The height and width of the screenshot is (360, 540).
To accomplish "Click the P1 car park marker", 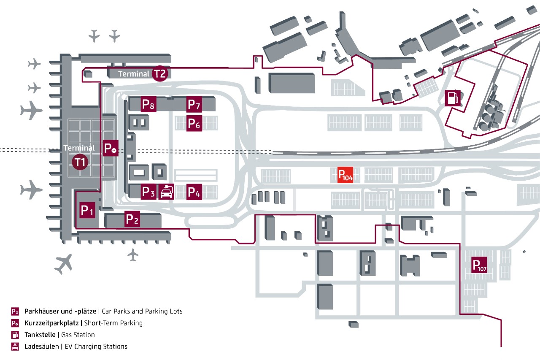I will [x=87, y=210].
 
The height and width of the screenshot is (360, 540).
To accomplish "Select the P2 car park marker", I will [x=132, y=219].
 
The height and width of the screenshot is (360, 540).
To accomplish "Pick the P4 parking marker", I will [x=194, y=192].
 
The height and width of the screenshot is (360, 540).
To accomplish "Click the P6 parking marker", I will [x=194, y=123].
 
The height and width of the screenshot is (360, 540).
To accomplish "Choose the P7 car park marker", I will [x=194, y=104].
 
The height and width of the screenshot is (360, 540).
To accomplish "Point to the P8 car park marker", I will [x=148, y=104].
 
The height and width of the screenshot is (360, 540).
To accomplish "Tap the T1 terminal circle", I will [x=80, y=162].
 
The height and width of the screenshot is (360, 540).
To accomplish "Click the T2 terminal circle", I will [x=160, y=73].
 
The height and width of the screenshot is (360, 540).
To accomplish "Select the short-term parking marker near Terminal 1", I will [x=111, y=149].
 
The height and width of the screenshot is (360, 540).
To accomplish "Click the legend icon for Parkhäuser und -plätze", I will [x=15, y=311].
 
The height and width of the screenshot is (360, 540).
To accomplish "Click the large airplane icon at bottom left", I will [x=63, y=264].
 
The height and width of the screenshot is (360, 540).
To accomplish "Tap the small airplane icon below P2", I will [x=133, y=254].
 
